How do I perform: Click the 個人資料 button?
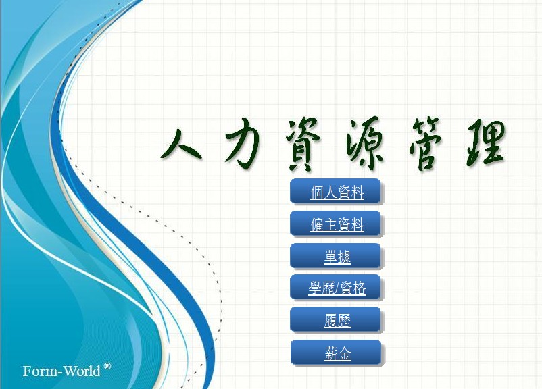coord(337,193)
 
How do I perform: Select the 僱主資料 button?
coord(337,225)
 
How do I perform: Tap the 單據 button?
coord(337,257)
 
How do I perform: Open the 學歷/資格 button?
coord(337,288)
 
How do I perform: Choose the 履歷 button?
coord(337,321)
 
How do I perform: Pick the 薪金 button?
coord(337,353)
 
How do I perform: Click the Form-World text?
coord(62,371)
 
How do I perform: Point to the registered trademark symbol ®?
coord(107,367)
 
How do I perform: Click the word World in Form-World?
coord(82,371)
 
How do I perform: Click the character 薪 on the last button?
coord(330,354)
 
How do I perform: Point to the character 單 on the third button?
coord(330,257)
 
